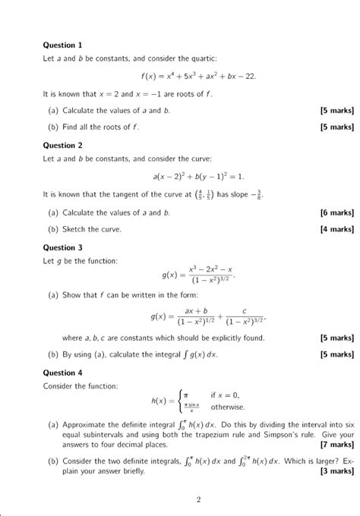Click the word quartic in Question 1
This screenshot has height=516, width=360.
(205, 59)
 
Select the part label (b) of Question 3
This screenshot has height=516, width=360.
(53, 353)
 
